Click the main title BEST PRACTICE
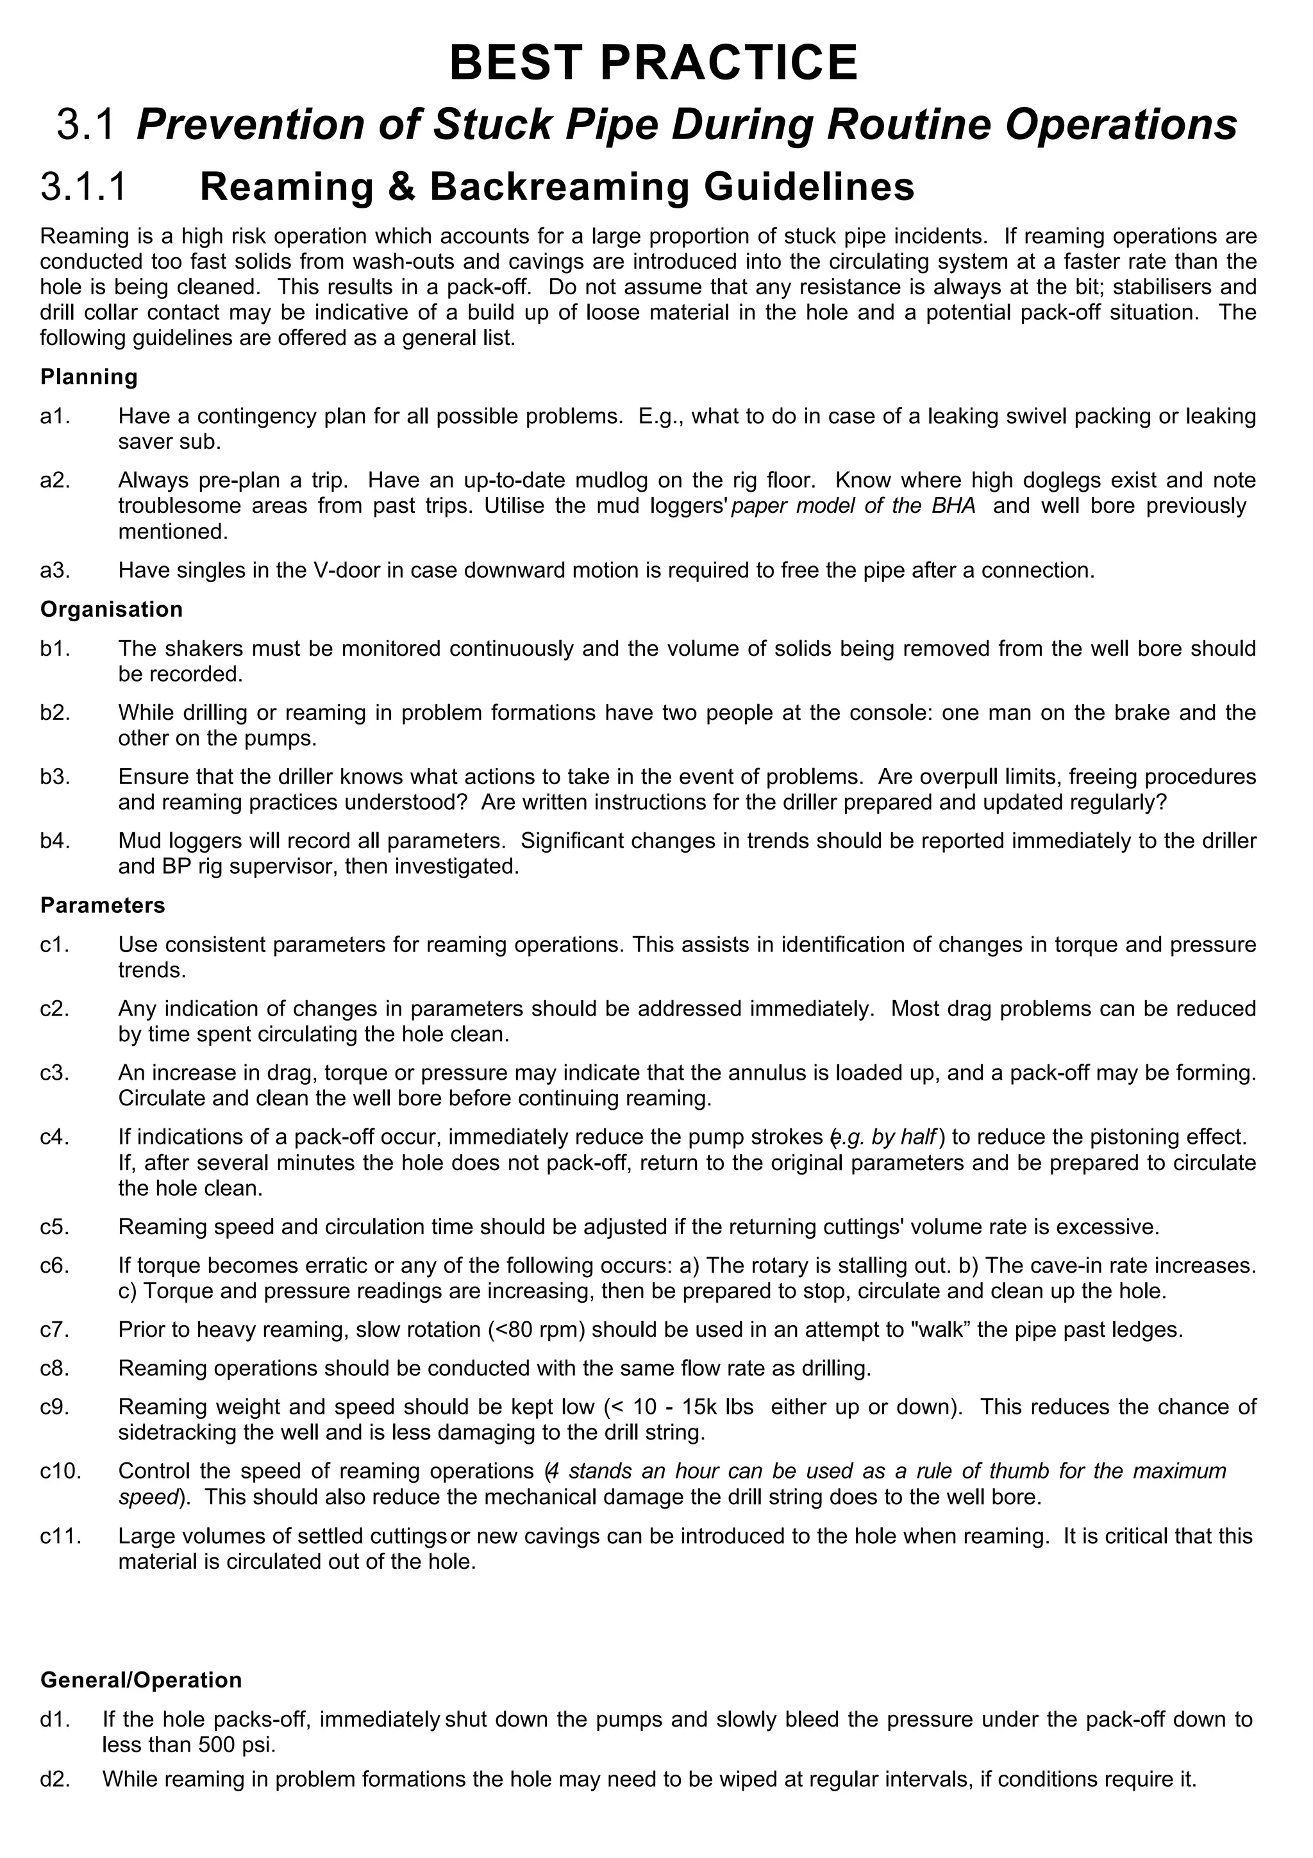[x=654, y=63]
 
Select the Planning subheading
[x=89, y=377]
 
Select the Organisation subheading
[x=112, y=609]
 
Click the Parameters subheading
[x=103, y=905]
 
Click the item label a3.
[x=54, y=571]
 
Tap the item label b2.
[x=54, y=713]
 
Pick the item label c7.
[x=54, y=1330]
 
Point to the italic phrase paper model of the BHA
[x=853, y=506]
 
